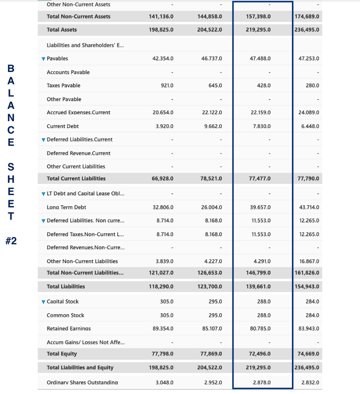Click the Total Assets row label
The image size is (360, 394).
[x=62, y=30]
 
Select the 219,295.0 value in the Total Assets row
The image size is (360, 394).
[x=258, y=30]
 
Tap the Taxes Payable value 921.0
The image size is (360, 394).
[x=167, y=85]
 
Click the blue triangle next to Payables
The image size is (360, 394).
[x=43, y=59]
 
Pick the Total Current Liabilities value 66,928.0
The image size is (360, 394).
[x=161, y=179]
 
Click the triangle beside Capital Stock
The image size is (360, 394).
[x=43, y=302]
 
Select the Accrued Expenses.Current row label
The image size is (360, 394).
[x=78, y=113]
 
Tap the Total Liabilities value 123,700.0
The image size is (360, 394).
[x=209, y=287]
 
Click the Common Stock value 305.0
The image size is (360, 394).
[x=167, y=316]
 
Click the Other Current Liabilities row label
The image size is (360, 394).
[x=76, y=167]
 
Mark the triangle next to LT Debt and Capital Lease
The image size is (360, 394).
[x=43, y=194]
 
